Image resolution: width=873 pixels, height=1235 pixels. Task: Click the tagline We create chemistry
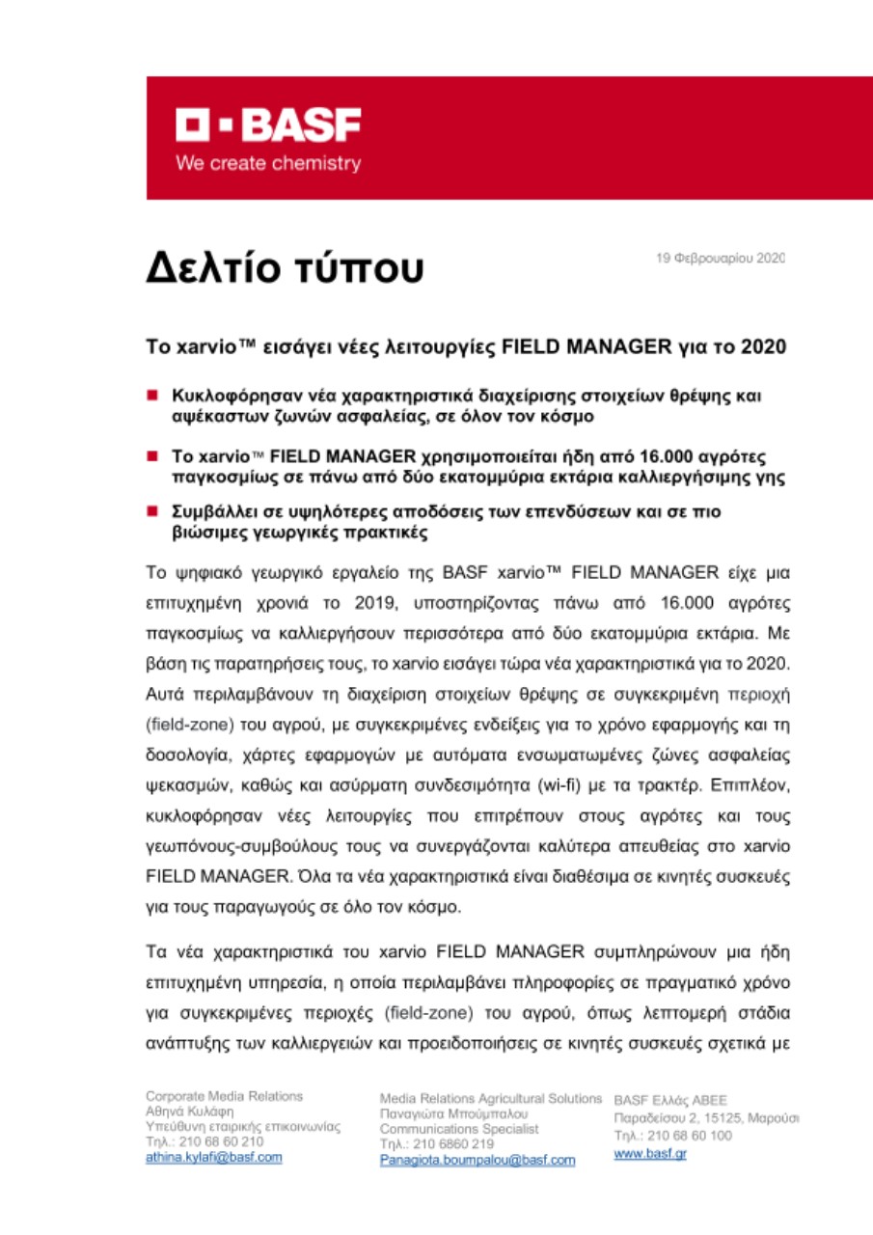267,163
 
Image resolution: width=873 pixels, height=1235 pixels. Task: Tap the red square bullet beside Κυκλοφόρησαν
152,395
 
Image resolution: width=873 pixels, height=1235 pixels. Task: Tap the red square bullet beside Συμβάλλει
152,512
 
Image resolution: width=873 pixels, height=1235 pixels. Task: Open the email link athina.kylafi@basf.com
213,1157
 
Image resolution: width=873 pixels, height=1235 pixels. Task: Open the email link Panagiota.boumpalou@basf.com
477,1159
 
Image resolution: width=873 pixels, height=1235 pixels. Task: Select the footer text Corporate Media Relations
224,1096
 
